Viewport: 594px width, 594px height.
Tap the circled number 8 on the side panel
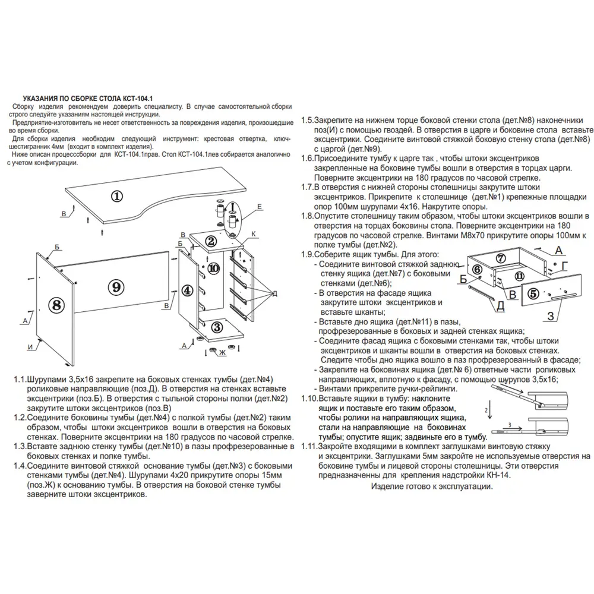(x=55, y=305)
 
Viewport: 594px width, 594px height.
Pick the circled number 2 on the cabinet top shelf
(x=210, y=241)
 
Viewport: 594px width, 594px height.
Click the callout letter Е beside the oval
(x=260, y=206)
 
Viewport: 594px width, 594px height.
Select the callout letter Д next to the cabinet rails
(x=274, y=293)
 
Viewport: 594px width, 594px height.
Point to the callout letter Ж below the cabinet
(x=223, y=353)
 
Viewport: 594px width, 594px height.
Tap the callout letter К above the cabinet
(x=254, y=235)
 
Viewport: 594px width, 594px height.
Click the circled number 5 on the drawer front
(x=533, y=293)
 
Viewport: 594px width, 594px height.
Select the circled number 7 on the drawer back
(x=501, y=258)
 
